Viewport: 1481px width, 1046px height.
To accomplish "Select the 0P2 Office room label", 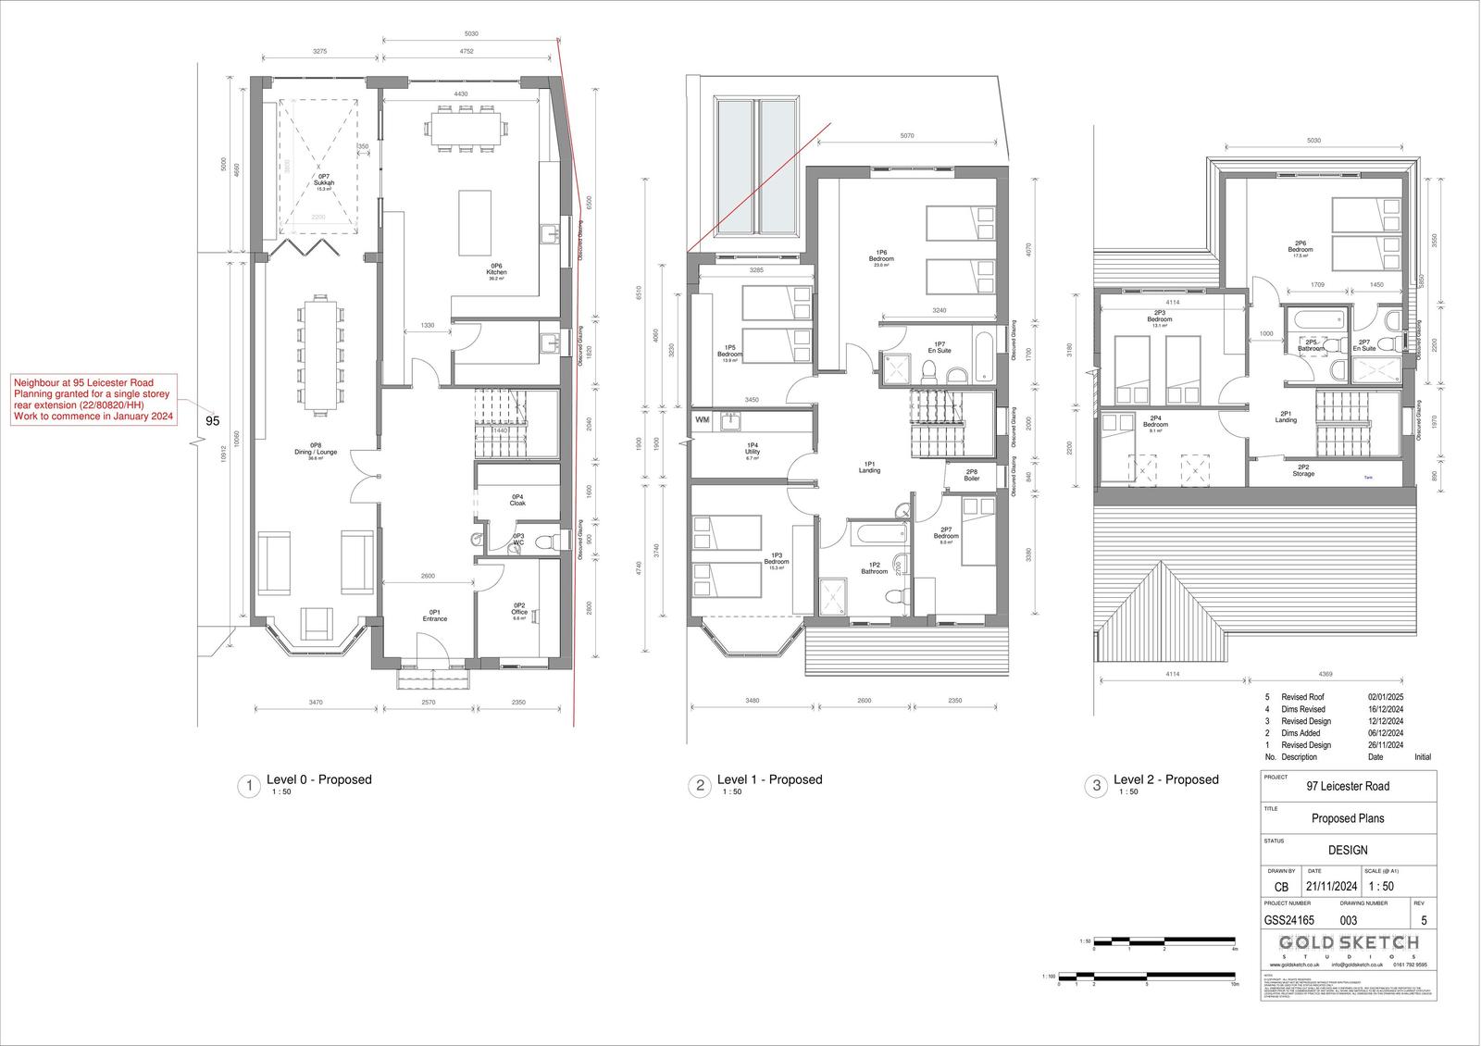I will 519,612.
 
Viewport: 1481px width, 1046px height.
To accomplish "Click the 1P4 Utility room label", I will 753,451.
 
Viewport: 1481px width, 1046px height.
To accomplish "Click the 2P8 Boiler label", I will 971,475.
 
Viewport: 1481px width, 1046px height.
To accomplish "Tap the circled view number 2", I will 700,786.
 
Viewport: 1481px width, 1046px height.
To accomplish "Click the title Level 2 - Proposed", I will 1165,779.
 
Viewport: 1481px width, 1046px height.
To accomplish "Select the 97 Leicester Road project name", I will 1347,787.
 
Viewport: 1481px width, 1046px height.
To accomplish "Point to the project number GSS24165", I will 1288,921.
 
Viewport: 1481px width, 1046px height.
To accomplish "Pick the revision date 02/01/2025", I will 1386,697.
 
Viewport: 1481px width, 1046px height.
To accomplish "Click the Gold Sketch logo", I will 1348,943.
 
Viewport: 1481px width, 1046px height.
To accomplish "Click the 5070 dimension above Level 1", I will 907,136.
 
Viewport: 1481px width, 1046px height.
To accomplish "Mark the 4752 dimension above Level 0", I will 467,52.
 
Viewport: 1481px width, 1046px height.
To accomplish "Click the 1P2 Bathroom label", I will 874,568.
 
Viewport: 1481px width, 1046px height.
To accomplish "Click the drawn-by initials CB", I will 1280,887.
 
